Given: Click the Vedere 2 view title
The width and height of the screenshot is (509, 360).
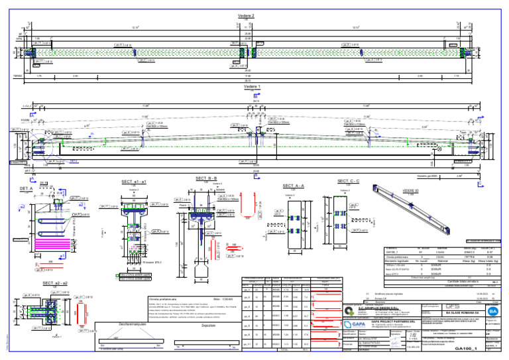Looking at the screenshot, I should pyautogui.click(x=254, y=15).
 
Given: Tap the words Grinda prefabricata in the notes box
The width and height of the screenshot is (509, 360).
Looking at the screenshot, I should pyautogui.click(x=164, y=298).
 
